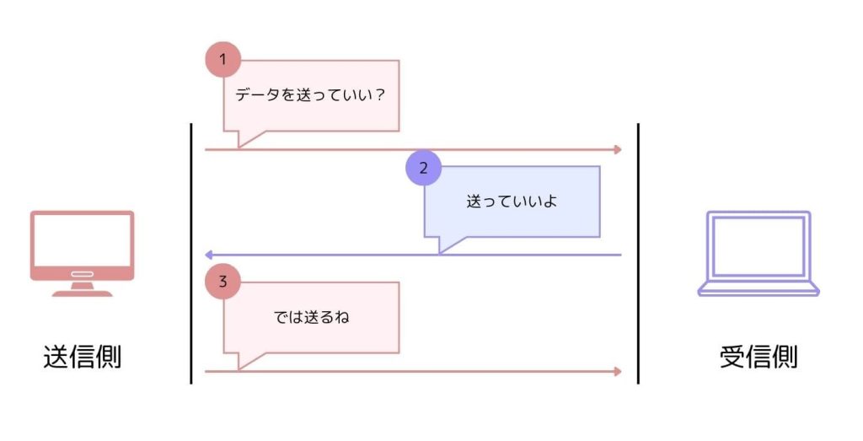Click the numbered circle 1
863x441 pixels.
[223, 60]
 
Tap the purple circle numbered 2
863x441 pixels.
[424, 168]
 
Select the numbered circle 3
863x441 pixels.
[223, 282]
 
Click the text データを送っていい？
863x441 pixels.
[310, 95]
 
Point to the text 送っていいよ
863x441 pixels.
[512, 202]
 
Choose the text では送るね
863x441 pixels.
[311, 318]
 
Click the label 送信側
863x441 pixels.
[83, 357]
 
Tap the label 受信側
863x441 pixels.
[758, 357]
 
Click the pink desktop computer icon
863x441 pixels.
[83, 251]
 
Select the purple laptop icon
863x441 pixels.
[758, 253]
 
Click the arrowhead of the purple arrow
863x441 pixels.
[209, 255]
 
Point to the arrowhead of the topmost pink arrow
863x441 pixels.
[618, 149]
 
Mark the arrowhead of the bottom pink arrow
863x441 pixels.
[618, 371]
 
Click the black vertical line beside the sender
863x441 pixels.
[191, 253]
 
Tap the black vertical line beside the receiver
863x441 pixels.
[638, 253]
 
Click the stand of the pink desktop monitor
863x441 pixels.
[83, 288]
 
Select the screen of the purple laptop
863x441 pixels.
[758, 245]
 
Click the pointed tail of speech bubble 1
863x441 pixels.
[243, 140]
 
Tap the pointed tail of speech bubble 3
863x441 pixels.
[243, 362]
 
